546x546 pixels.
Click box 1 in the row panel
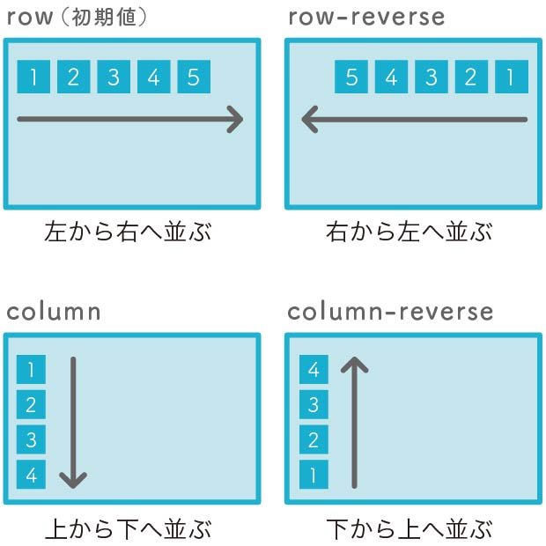click(x=33, y=77)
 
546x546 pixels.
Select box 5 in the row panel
click(x=193, y=77)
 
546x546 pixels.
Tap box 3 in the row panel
click(x=113, y=77)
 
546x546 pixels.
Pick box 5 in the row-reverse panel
click(x=350, y=77)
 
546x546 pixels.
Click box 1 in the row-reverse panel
click(x=510, y=77)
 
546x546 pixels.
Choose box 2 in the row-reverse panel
click(x=470, y=77)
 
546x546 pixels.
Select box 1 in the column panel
click(x=31, y=370)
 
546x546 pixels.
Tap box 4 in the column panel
click(x=31, y=475)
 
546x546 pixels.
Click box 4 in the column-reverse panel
click(x=314, y=370)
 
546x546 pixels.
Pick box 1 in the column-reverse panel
click(x=314, y=475)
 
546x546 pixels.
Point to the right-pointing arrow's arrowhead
click(x=235, y=119)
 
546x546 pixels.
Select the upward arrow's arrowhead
click(x=355, y=364)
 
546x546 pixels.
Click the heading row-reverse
click(x=366, y=17)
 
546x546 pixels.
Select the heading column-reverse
click(x=390, y=311)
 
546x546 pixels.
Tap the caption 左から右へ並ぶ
click(x=128, y=232)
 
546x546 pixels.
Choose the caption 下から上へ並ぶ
click(x=409, y=529)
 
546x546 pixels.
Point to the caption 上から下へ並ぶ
click(x=128, y=529)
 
